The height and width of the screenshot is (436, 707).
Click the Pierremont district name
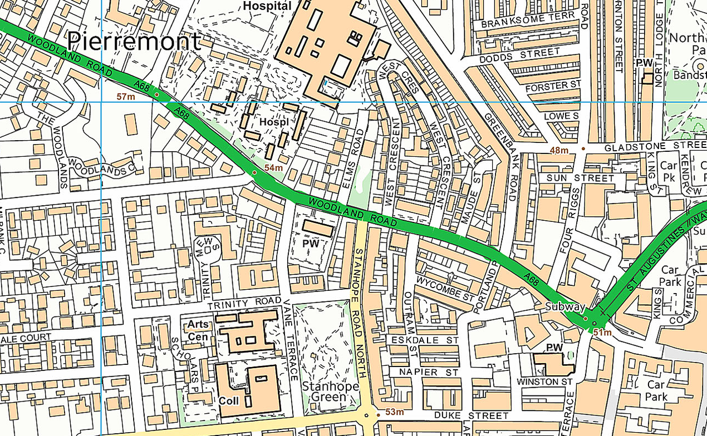tap(134, 42)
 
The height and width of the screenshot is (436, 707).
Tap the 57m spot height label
tap(126, 97)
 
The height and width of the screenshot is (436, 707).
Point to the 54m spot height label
tap(273, 168)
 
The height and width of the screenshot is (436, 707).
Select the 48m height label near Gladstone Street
tap(559, 150)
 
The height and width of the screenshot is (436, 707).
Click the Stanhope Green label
tap(324, 392)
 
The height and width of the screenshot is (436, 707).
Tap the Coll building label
tap(228, 400)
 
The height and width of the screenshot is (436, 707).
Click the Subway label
tap(565, 307)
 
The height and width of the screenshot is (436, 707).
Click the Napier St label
tap(424, 371)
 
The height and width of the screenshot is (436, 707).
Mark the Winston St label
tap(545, 382)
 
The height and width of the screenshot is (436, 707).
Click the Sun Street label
tap(580, 178)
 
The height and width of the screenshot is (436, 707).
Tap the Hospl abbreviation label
tap(273, 121)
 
